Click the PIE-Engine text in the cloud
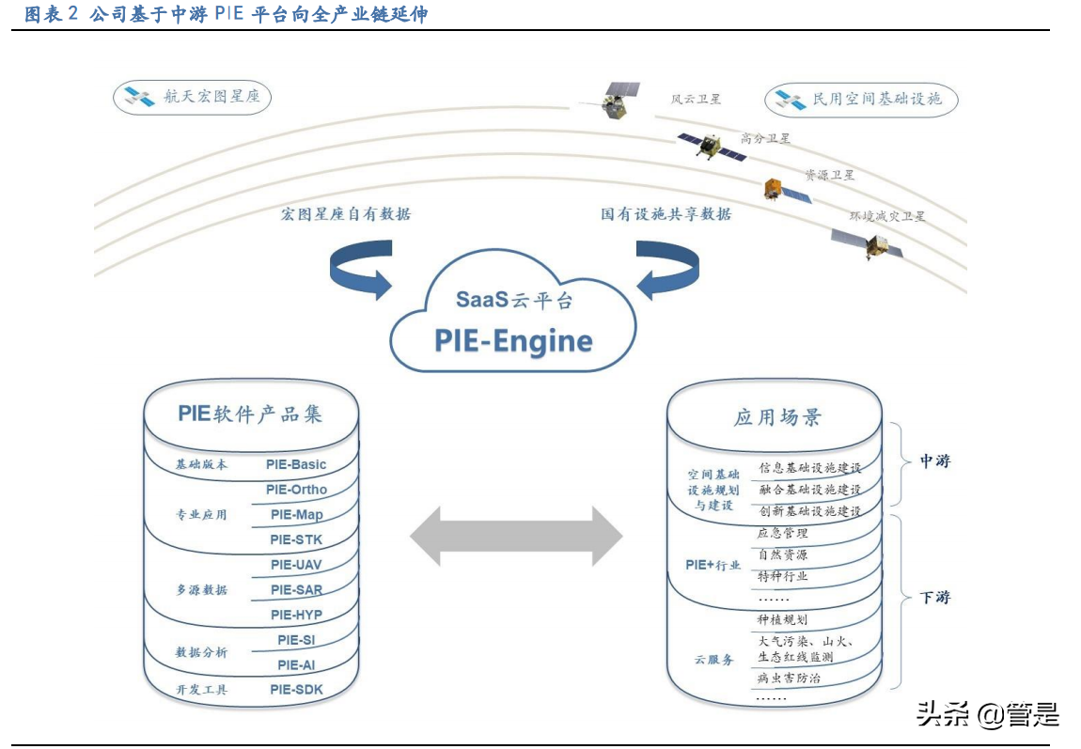[513, 340]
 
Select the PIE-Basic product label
[295, 464]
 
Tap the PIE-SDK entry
[295, 690]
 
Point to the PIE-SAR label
[296, 590]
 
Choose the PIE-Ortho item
[296, 490]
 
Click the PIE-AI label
[296, 664]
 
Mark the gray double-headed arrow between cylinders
[516, 538]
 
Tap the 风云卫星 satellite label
[696, 99]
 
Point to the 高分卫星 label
[765, 138]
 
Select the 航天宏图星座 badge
[192, 97]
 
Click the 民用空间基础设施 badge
[860, 99]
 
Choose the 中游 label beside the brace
[934, 461]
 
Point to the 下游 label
[934, 597]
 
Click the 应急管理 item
[782, 534]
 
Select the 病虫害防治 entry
[789, 678]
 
